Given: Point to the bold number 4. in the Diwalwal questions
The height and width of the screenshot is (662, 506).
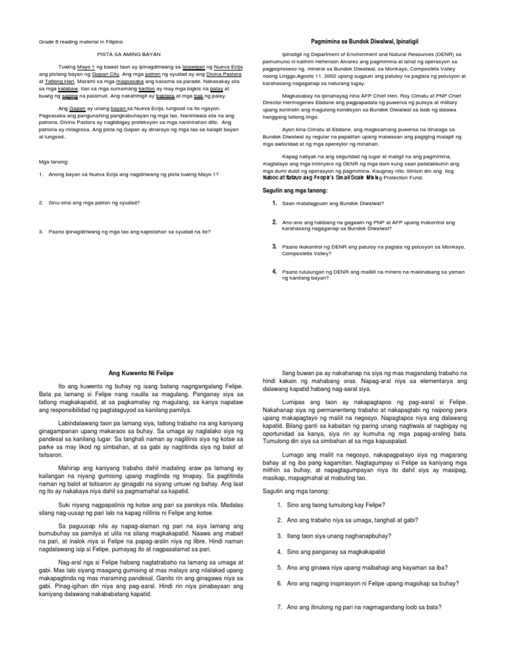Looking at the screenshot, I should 274,271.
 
